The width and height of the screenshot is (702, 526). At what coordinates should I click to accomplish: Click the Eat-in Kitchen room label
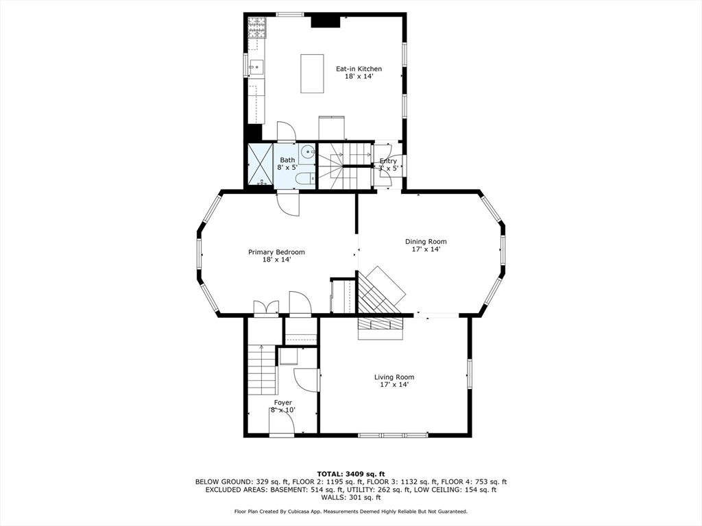[x=359, y=69]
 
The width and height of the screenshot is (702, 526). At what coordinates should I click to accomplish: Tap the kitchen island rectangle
[x=312, y=73]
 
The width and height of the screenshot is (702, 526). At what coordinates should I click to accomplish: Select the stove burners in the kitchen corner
[x=256, y=28]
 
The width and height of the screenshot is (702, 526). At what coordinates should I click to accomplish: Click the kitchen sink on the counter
[x=255, y=67]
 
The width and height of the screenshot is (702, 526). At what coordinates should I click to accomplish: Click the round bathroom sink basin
[x=307, y=153]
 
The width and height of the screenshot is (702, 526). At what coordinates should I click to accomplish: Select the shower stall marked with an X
[x=260, y=164]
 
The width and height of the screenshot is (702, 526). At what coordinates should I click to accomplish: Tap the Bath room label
[x=287, y=160]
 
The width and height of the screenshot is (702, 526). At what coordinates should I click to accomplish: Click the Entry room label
[x=388, y=162]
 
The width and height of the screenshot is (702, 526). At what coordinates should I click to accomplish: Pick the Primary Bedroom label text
[x=276, y=252]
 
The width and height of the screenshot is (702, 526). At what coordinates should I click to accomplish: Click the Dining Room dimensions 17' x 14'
[x=426, y=250]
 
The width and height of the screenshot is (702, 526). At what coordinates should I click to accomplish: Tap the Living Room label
[x=394, y=377]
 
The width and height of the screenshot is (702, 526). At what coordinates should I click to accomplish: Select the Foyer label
[x=283, y=403]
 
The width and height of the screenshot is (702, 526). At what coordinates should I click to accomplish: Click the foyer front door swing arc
[x=282, y=423]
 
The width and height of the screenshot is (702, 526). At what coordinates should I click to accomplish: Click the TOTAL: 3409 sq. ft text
[x=351, y=473]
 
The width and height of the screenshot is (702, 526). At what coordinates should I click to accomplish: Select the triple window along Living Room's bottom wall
[x=394, y=435]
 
